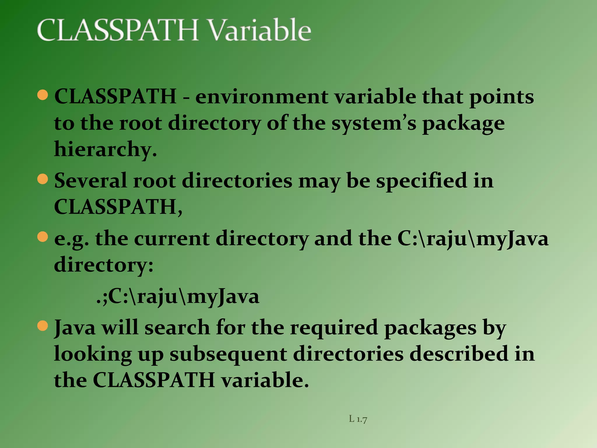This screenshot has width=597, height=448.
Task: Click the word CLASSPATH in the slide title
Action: [118, 30]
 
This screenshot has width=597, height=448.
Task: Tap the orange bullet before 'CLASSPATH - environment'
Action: [43, 95]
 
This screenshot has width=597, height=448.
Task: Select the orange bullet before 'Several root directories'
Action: [43, 179]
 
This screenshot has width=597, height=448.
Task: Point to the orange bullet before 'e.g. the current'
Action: [43, 237]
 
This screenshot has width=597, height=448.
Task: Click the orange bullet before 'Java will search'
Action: [43, 326]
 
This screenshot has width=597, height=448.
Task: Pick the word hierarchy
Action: [105, 150]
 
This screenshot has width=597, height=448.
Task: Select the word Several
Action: [90, 181]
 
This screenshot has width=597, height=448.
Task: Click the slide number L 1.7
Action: [358, 419]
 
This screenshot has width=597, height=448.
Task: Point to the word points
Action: [501, 97]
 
